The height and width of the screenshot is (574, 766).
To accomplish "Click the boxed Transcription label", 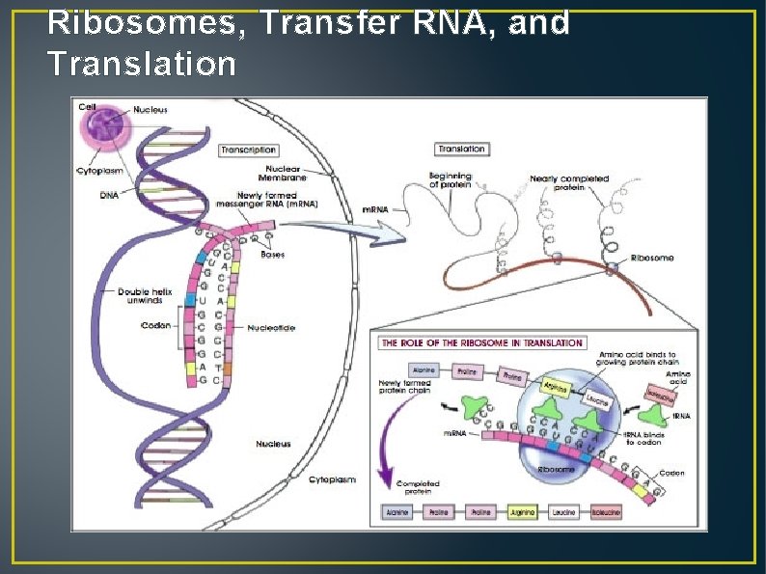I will click(x=249, y=150).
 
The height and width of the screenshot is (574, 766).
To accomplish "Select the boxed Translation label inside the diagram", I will click(x=461, y=150).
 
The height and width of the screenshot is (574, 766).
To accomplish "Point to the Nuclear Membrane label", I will click(x=287, y=173).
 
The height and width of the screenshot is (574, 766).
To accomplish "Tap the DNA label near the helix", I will click(x=109, y=195).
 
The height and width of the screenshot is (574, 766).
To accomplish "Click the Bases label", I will click(x=273, y=255).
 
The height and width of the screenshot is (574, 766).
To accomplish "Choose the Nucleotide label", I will click(x=271, y=328).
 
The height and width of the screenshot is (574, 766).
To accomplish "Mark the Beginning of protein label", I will click(x=451, y=179).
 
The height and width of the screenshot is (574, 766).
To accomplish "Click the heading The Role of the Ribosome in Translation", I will click(x=482, y=342).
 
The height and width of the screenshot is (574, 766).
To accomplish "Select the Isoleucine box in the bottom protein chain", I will click(x=605, y=512).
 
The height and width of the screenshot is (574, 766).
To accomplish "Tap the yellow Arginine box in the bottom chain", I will click(x=522, y=512).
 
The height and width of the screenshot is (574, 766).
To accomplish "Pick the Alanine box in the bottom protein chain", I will click(x=396, y=512).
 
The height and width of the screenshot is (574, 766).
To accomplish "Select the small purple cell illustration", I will click(x=104, y=132).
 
